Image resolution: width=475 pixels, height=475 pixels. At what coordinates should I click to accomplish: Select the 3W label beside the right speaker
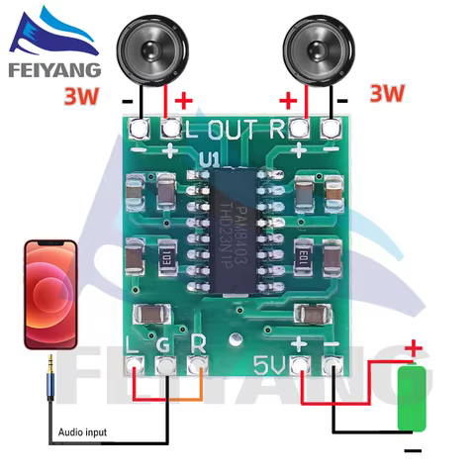(388, 94)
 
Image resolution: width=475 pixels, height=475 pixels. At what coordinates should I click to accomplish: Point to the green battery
(414, 401)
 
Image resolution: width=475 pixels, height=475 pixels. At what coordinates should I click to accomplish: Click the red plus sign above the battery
(415, 349)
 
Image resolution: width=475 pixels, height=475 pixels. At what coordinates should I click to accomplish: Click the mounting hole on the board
(237, 342)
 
